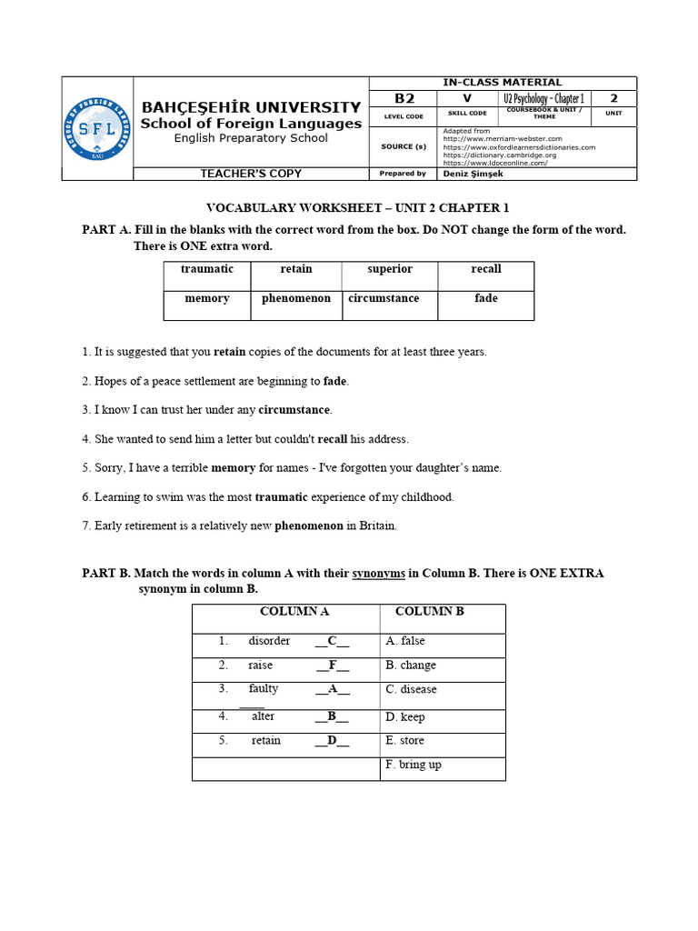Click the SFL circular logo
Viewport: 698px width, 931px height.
click(x=96, y=128)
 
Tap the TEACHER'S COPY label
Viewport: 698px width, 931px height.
click(x=251, y=173)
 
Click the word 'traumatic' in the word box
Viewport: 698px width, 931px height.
click(x=207, y=269)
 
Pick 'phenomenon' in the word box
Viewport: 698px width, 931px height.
click(x=296, y=298)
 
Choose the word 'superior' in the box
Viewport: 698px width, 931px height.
click(x=390, y=269)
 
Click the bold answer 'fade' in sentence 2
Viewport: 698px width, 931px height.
click(x=335, y=381)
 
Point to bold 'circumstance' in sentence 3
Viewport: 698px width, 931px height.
click(x=294, y=410)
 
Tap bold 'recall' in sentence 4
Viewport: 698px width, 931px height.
click(x=333, y=439)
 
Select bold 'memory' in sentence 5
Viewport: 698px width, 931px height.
click(x=234, y=468)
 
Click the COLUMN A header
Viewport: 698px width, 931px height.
click(x=294, y=612)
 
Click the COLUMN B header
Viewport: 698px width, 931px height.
click(x=430, y=612)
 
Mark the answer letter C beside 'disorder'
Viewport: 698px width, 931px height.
click(x=333, y=641)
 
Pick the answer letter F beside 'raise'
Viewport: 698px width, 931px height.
click(x=333, y=666)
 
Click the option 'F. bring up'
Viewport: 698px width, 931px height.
click(x=414, y=765)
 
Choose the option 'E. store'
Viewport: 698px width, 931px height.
click(x=404, y=741)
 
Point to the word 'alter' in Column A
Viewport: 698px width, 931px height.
click(x=264, y=716)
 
